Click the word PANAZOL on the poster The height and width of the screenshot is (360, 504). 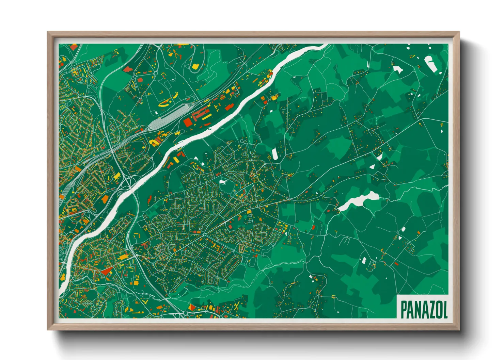[424, 309]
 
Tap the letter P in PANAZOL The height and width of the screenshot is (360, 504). [404, 309]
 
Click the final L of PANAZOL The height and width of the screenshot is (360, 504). [445, 309]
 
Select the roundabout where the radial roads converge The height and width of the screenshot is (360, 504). [204, 234]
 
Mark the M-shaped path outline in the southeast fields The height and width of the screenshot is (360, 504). [345, 241]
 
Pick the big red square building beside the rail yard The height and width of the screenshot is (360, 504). [188, 122]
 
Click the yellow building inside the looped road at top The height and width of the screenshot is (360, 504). [195, 66]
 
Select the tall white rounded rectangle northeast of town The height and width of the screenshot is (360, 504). [274, 154]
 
